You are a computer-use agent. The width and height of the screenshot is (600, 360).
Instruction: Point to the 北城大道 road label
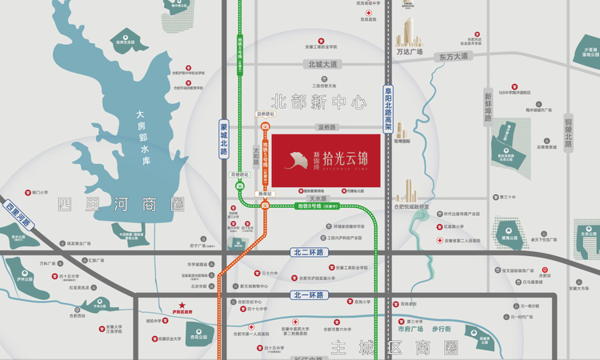(322, 64)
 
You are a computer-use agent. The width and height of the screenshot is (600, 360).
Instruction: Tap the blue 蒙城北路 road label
(224, 138)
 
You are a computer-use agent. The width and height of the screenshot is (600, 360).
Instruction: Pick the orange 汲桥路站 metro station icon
(265, 126)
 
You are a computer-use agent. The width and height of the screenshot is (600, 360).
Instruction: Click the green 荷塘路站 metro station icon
(240, 186)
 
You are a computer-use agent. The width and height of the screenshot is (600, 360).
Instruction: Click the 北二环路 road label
(308, 253)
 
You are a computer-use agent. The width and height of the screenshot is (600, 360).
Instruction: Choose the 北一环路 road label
(308, 295)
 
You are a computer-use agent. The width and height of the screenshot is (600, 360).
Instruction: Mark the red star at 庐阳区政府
(182, 305)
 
